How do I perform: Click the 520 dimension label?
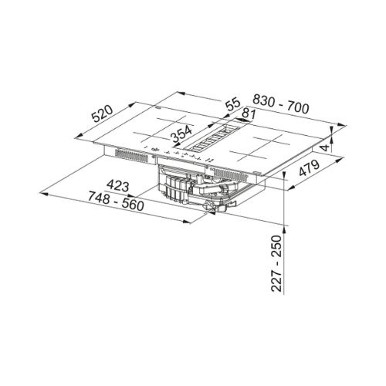pos(103,113)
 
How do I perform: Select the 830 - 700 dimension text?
pos(280,104)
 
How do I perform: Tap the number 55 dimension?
pos(232,104)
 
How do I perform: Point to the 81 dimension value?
pos(249,114)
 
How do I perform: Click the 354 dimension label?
pos(182,134)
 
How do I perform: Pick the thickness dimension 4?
pos(326,148)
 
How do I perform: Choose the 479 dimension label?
pos(309,168)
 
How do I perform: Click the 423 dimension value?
pos(118,185)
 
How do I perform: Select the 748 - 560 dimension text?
pos(116,201)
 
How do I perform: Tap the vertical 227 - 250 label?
pos(277,263)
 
